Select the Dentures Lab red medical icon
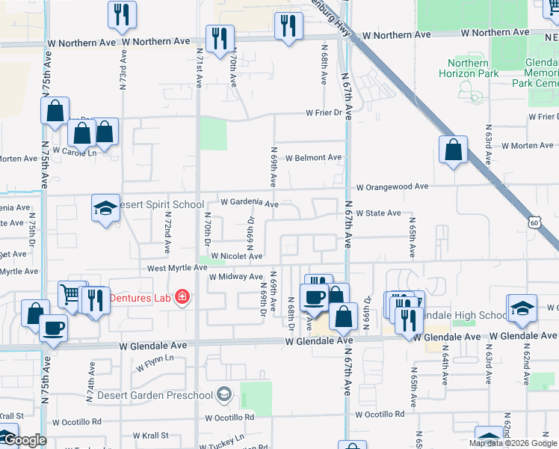tap(181, 298)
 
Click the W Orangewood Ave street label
tap(392, 186)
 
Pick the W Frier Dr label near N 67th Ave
tap(327, 114)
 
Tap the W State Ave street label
tap(378, 213)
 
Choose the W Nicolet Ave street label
tap(236, 256)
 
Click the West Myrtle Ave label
tap(177, 267)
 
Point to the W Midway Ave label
tap(235, 277)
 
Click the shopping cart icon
tap(72, 295)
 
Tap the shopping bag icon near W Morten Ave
tap(453, 150)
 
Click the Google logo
tap(24, 441)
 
